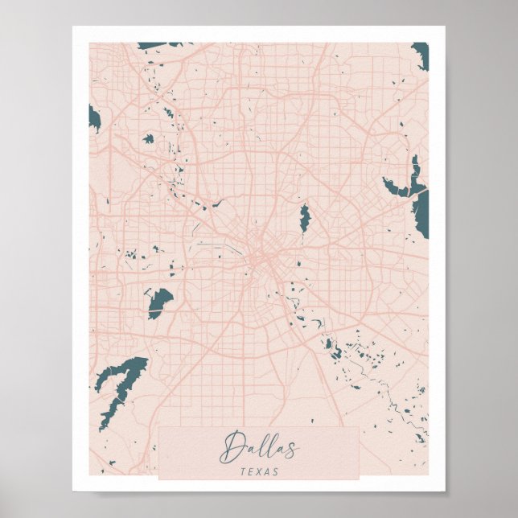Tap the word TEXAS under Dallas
(259, 471)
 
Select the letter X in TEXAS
(259, 471)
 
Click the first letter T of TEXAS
(243, 471)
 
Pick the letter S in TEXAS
(276, 471)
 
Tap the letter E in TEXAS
(251, 471)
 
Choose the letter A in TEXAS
(268, 471)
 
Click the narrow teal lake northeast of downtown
(304, 218)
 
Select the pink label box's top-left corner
(160, 428)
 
